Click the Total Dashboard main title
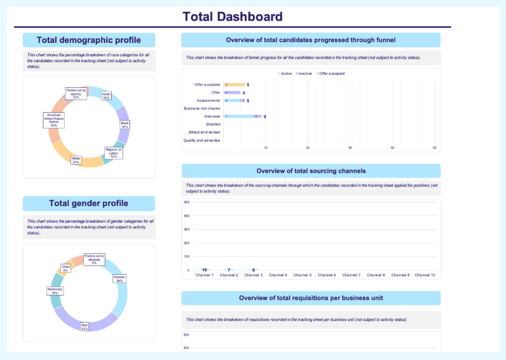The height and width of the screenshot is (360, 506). [232, 16]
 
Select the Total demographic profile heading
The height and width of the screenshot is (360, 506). [89, 40]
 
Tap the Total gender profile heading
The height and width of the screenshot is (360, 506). [89, 203]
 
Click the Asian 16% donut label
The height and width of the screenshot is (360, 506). [106, 96]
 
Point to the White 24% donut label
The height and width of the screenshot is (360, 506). [76, 160]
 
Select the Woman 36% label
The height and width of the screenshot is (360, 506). [120, 280]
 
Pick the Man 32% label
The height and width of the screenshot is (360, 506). [85, 327]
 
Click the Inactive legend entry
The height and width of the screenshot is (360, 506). [304, 74]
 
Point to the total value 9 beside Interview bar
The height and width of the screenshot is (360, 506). [265, 117]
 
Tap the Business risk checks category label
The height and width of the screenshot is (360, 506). [202, 109]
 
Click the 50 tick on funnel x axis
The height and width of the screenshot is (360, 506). [434, 148]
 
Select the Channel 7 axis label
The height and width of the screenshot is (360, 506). [351, 275]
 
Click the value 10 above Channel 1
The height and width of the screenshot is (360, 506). [204, 270]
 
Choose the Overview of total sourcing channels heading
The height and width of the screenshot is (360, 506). [311, 171]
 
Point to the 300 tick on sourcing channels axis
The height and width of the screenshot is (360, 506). [187, 230]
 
